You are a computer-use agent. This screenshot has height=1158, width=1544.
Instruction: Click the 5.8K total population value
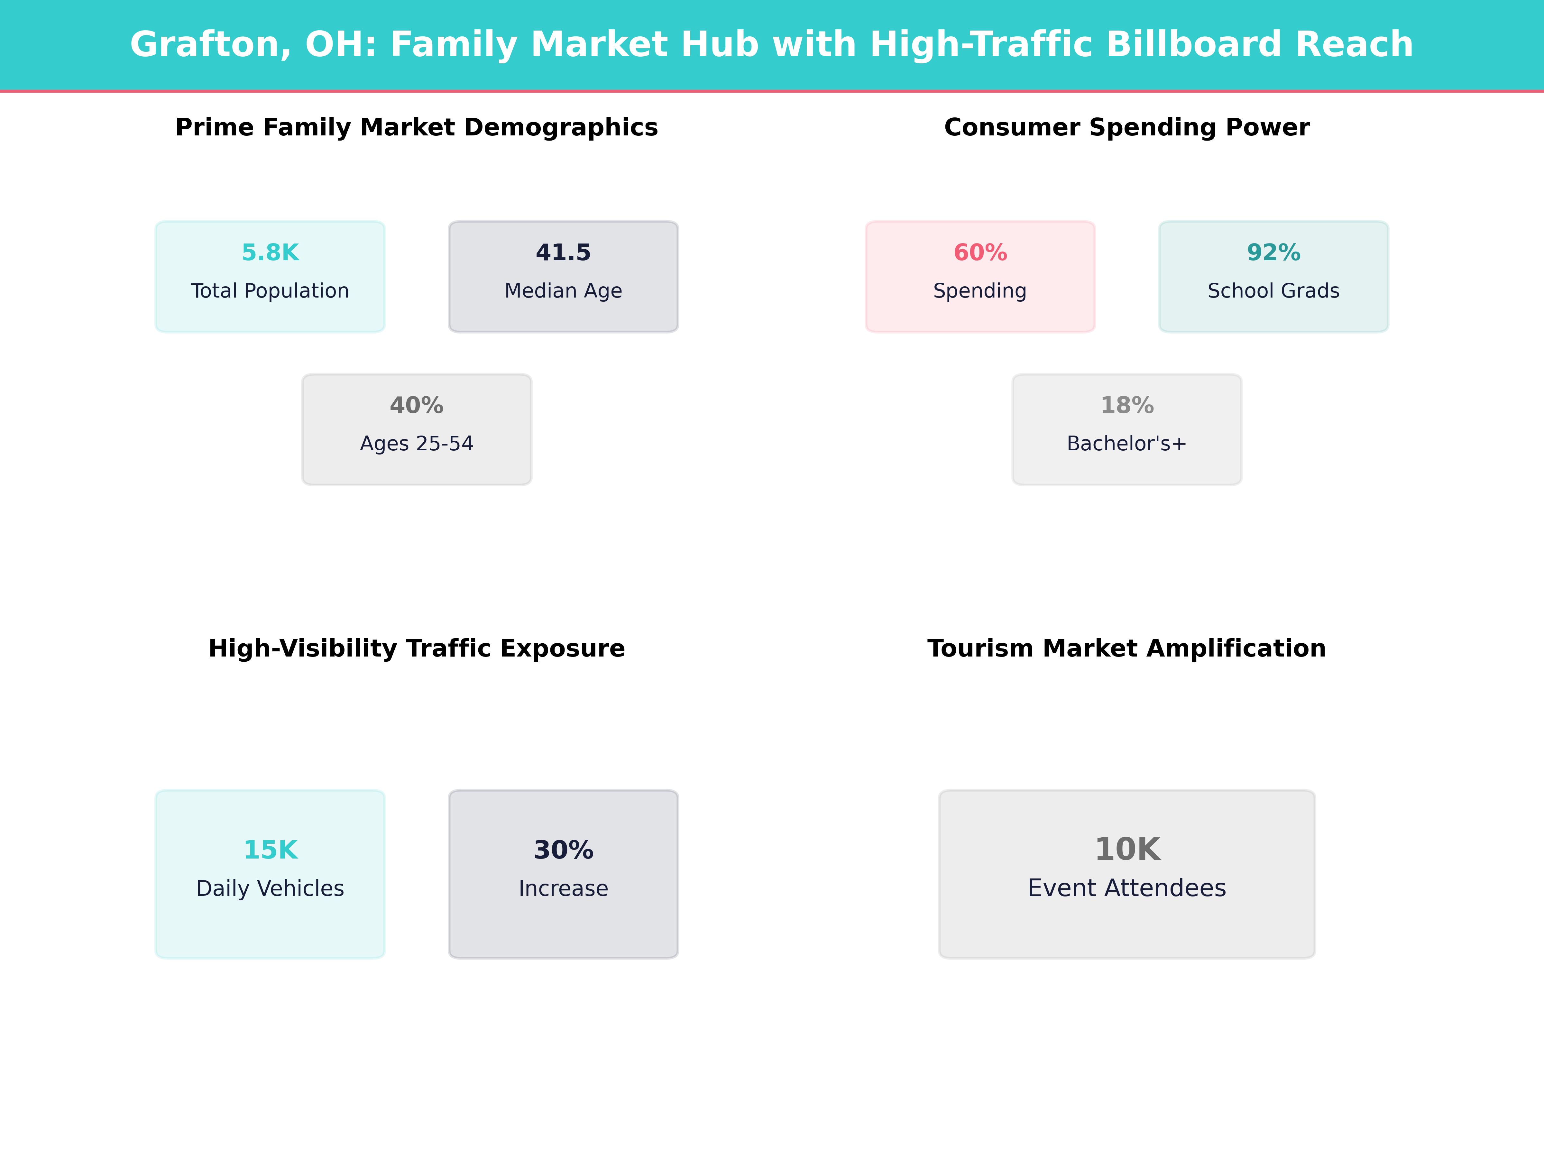click(x=270, y=253)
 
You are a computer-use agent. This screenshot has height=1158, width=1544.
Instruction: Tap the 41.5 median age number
click(x=563, y=253)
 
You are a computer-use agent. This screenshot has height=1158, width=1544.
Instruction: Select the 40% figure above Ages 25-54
click(x=417, y=406)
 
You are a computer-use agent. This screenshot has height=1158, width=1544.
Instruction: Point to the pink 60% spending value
click(x=980, y=253)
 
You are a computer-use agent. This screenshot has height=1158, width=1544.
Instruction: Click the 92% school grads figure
click(x=1273, y=253)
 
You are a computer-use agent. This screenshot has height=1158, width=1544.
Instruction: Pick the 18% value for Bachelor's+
click(x=1126, y=406)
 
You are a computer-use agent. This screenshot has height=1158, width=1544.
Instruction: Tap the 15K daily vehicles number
click(x=270, y=850)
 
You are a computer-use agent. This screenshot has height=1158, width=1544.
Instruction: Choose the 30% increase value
click(x=563, y=850)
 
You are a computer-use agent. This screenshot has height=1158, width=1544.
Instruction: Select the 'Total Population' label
click(x=270, y=291)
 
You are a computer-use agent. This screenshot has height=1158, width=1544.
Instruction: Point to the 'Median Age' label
click(x=563, y=291)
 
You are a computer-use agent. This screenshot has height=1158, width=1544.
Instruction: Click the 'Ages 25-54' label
click(x=417, y=444)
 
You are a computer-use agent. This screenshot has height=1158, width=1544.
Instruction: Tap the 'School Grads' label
click(x=1273, y=291)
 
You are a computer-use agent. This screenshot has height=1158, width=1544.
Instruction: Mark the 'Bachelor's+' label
click(x=1126, y=444)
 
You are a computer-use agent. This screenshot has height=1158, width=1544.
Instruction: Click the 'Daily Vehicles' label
click(x=270, y=888)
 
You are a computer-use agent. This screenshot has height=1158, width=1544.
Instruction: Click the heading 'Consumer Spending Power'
click(x=1126, y=128)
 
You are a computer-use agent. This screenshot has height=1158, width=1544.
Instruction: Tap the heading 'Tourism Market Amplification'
click(x=1126, y=648)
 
